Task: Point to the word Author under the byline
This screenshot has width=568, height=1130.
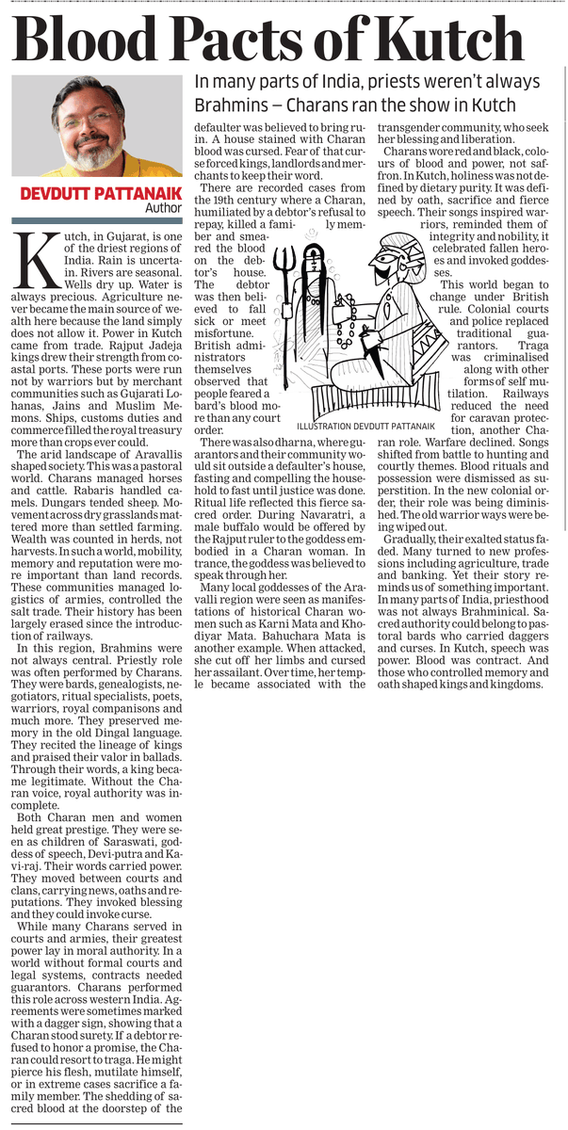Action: click(162, 208)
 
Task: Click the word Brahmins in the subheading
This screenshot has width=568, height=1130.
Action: click(227, 103)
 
